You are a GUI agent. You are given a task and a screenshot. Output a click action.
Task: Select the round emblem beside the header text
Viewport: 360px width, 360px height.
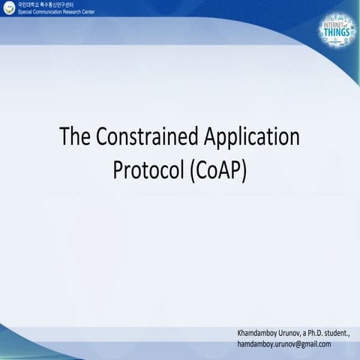coord(8,9)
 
